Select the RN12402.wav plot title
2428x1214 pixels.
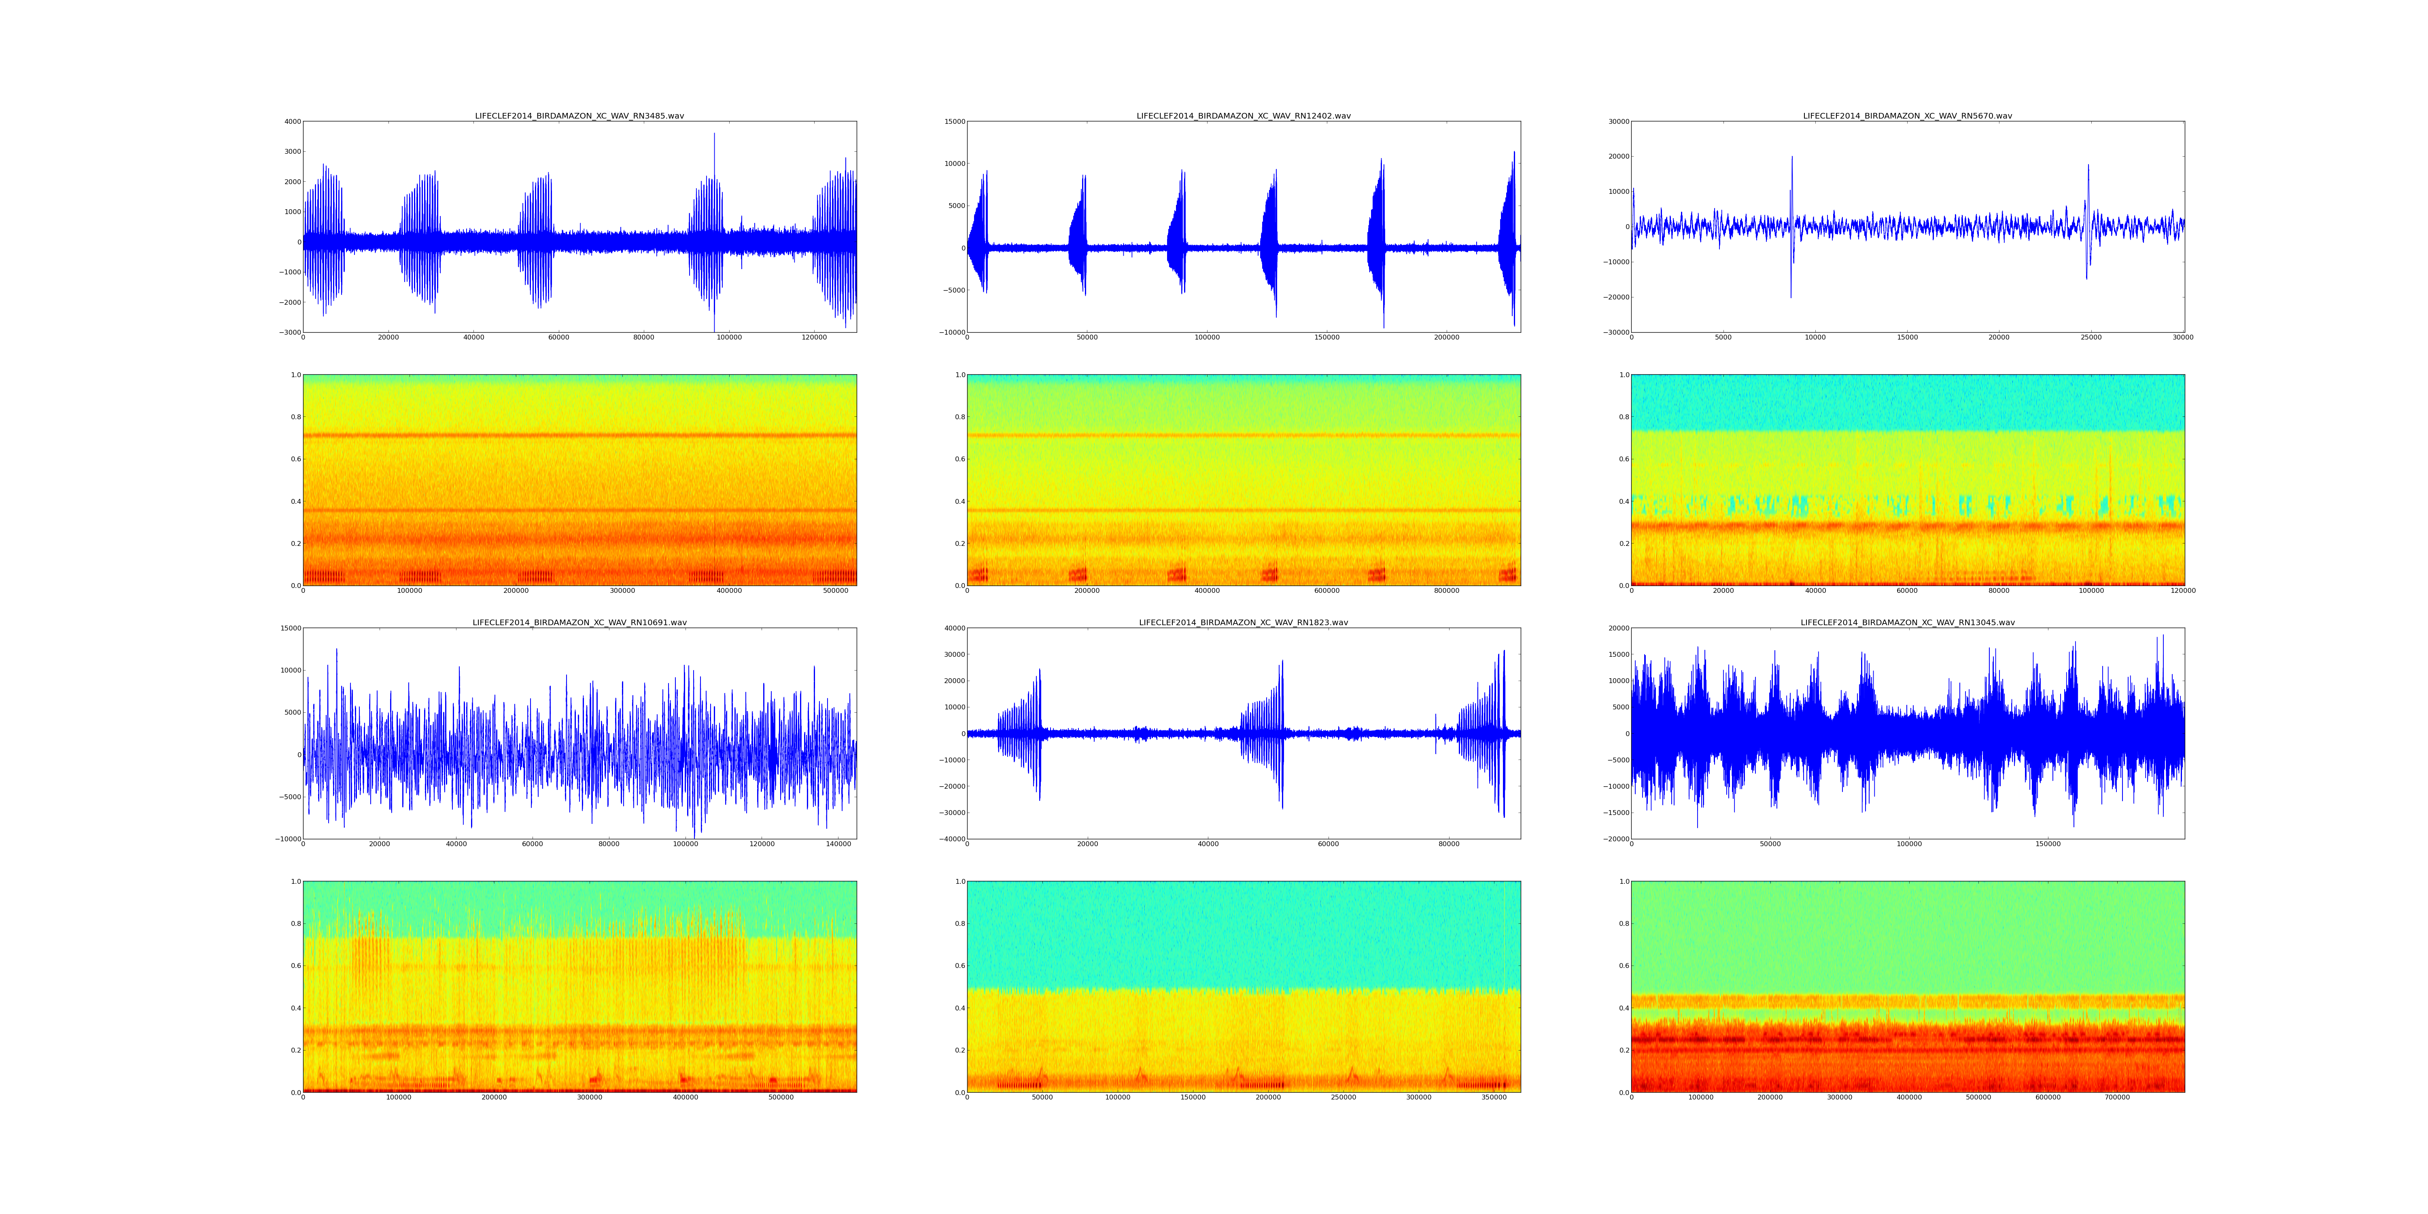[1243, 116]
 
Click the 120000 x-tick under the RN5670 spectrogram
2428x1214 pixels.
[2183, 591]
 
